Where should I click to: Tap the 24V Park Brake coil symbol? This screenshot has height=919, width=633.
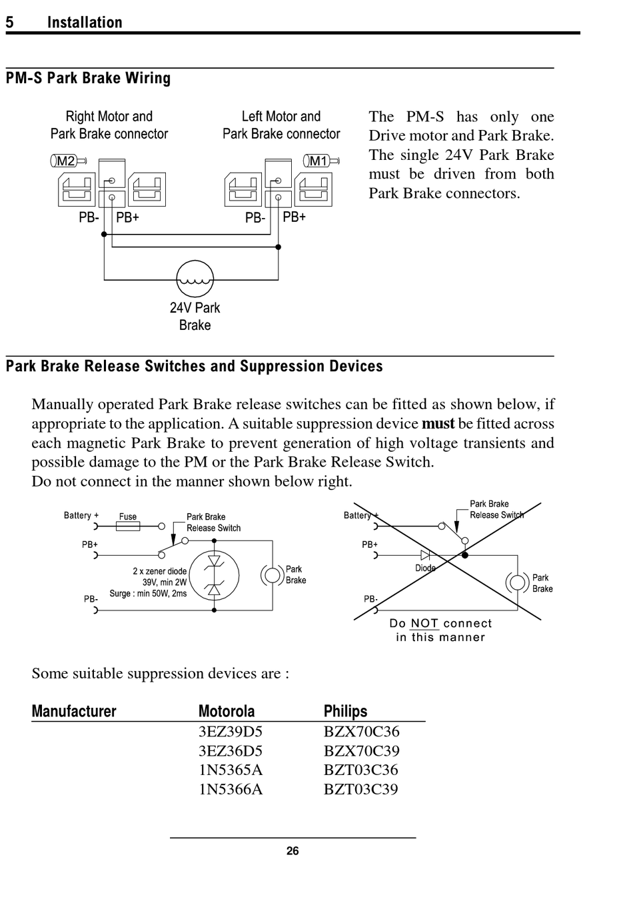tap(195, 279)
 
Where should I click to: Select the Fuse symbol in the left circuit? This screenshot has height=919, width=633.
tap(128, 526)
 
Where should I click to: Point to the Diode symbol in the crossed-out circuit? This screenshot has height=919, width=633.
tap(425, 556)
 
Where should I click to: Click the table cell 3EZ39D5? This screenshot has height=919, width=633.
tap(230, 732)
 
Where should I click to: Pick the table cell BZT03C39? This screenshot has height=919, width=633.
tap(360, 789)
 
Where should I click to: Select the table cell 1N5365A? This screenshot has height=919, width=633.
tap(231, 770)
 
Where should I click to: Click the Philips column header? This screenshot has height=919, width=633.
tap(345, 711)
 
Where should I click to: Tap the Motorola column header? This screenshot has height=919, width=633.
tap(227, 711)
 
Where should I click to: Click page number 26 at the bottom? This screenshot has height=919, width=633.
tap(293, 851)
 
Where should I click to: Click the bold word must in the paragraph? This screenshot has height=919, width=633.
tap(438, 423)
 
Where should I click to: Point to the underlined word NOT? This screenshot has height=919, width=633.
tap(424, 623)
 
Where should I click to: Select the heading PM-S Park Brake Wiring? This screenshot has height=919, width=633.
tap(88, 78)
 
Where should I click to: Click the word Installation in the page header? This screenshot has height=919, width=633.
tap(85, 22)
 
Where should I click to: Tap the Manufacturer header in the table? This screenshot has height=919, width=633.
tap(74, 711)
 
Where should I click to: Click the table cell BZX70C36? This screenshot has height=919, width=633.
tap(361, 732)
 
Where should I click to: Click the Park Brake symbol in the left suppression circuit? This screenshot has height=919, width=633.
tap(272, 575)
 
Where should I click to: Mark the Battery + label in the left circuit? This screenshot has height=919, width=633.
tap(81, 515)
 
